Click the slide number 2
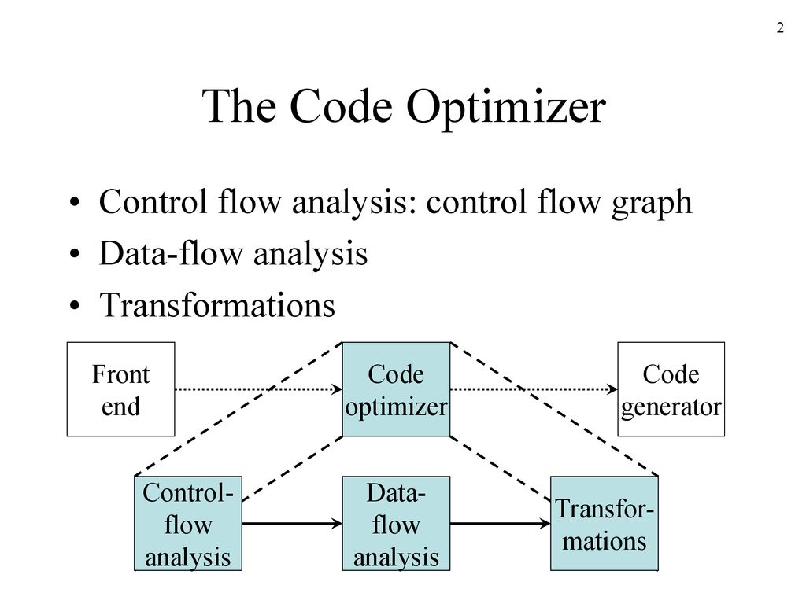coord(780,29)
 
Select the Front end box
coord(120,389)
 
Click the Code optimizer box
coord(396,389)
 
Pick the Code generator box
coord(671,389)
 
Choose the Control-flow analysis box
coord(188,524)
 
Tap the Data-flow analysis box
coord(396,524)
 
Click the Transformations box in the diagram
coord(604,524)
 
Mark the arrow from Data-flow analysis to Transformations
coord(500,523)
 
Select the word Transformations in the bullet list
coord(216,305)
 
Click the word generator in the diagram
coord(671,407)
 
